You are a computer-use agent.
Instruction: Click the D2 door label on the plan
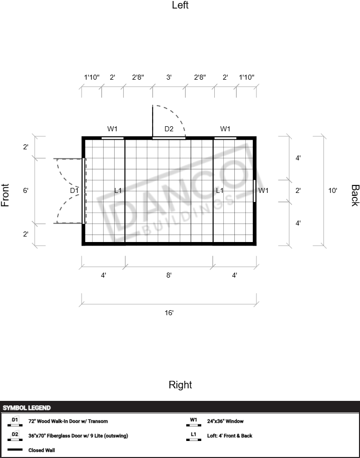pos(169,129)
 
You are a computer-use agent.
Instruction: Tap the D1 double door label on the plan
pos(74,190)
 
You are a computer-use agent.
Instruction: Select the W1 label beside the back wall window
pos(263,190)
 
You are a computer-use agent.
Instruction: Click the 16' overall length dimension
pos(169,313)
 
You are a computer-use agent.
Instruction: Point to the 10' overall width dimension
pos(332,190)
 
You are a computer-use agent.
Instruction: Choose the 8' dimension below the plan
pos(169,275)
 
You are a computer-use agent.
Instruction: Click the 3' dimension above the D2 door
pos(169,77)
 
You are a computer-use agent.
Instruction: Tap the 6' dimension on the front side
pos(26,190)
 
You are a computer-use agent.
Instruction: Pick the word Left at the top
pos(180,5)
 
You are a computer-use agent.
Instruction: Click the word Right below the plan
pos(180,385)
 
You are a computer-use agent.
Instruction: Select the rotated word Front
pos(5,195)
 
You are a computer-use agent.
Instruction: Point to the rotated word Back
pos(355,195)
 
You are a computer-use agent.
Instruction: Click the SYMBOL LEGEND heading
pos(27,408)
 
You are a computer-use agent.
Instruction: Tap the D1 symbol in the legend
pos(15,421)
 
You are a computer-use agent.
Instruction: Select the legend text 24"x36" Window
pos(225,421)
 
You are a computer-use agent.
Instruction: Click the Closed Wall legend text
pos(42,450)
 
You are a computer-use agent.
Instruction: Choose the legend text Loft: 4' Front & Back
pos(229,435)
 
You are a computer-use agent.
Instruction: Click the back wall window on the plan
pos(254,191)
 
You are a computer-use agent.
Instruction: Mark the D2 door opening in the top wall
pos(169,138)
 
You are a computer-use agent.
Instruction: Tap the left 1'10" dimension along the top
pos(92,77)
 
